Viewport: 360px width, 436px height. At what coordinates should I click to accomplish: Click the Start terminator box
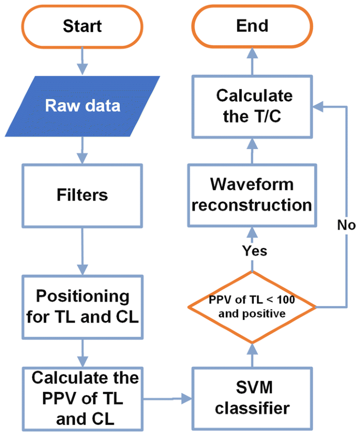[x=82, y=26]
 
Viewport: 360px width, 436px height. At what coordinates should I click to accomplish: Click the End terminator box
[x=252, y=26]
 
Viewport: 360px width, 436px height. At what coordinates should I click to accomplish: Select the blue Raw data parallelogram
[x=83, y=106]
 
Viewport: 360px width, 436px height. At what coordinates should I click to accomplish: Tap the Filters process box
[x=82, y=195]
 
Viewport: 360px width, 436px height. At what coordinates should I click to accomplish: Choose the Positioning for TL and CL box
[x=82, y=307]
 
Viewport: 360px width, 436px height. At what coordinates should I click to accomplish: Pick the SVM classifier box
[x=252, y=399]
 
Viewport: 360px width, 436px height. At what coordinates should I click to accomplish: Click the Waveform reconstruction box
[x=252, y=195]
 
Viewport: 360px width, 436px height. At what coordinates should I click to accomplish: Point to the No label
[x=346, y=225]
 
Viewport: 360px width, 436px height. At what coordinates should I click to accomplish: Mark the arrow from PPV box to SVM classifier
[x=167, y=400]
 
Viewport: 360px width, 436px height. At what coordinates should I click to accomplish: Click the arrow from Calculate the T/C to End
[x=252, y=62]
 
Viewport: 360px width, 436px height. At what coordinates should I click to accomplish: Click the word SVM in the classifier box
[x=252, y=390]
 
